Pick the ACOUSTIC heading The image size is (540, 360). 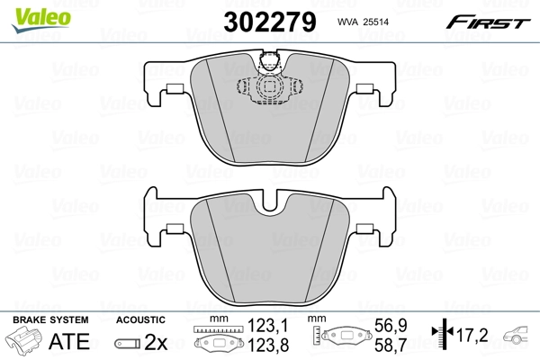tap(140, 319)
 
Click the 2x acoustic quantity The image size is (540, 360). tap(156, 341)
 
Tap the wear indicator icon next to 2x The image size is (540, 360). tap(128, 342)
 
